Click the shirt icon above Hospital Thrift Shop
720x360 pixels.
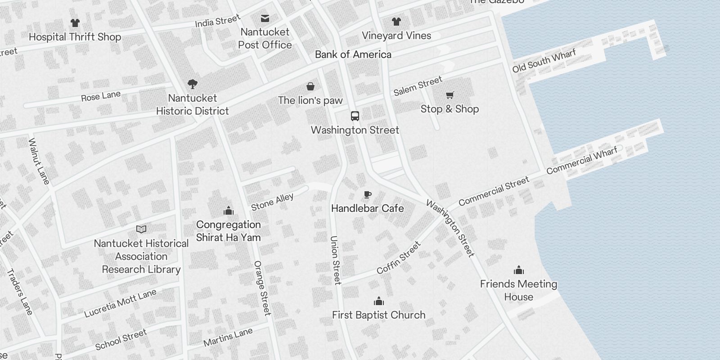coord(75,23)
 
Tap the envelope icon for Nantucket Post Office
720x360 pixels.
coord(265,18)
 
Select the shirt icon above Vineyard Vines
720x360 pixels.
coord(396,22)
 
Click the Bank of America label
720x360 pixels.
coord(353,54)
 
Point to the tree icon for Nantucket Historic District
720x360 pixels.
coord(193,84)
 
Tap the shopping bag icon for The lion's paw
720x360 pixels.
coord(310,86)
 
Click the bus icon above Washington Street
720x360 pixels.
coord(355,116)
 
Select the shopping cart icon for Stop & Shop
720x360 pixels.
coord(450,95)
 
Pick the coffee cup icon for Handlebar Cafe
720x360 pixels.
coord(367,194)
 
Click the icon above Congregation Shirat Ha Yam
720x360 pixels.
coord(229,211)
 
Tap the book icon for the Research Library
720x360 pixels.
coord(141,229)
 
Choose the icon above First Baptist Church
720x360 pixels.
coord(379,301)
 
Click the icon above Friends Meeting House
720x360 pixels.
coord(519,270)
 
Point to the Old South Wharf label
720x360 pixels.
coord(544,61)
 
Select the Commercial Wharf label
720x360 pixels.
coord(582,161)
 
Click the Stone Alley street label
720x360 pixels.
coord(272,202)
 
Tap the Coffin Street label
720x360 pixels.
coord(399,258)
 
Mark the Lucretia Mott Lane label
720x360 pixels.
coord(120,303)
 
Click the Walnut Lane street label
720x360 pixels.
coord(39,161)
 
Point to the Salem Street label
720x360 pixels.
coord(418,86)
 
